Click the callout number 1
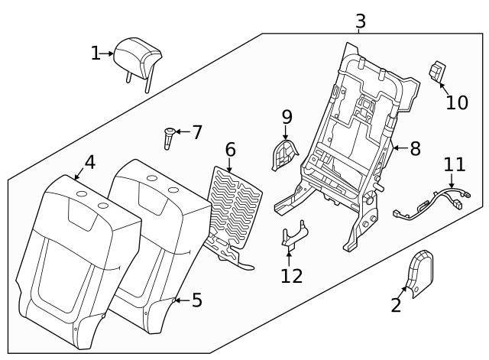96,54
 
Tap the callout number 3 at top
360,21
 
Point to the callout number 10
457,102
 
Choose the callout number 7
197,132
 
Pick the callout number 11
455,164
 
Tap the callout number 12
291,275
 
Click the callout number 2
396,306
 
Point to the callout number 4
89,162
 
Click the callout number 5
196,300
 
